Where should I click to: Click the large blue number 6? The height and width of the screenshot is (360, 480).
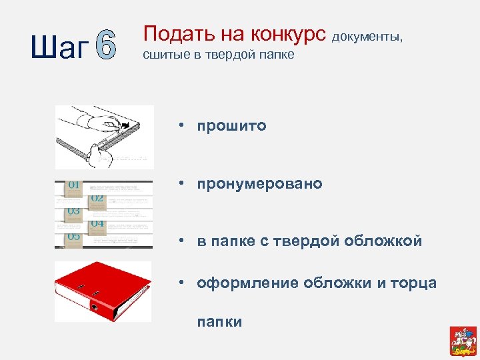click(105, 46)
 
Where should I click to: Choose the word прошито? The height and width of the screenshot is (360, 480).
click(231, 125)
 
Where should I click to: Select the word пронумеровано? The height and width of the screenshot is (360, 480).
click(259, 183)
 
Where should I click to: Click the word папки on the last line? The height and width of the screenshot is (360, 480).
click(219, 322)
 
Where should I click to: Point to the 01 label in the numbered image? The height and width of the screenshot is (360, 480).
click(73, 185)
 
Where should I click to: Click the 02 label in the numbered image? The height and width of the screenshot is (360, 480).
click(97, 198)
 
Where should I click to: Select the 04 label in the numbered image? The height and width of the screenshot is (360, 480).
click(97, 223)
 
